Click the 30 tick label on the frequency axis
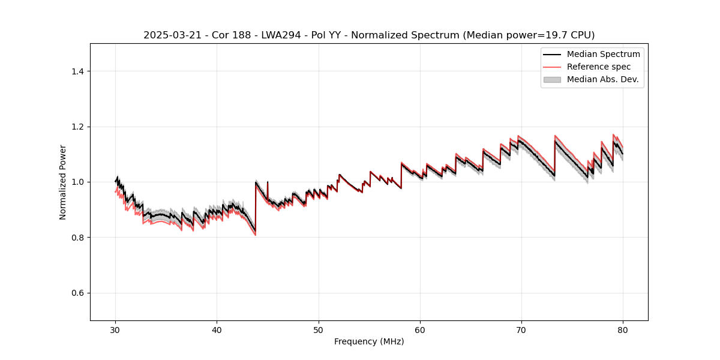116,329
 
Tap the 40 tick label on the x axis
217,329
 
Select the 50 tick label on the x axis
319,329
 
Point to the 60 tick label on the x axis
420,329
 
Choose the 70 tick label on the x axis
521,329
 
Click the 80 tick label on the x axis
623,329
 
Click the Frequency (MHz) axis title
369,341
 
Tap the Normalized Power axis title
63,182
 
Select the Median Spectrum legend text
603,54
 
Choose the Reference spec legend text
598,67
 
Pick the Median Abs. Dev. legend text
602,79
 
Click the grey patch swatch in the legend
552,79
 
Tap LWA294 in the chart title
272,35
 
